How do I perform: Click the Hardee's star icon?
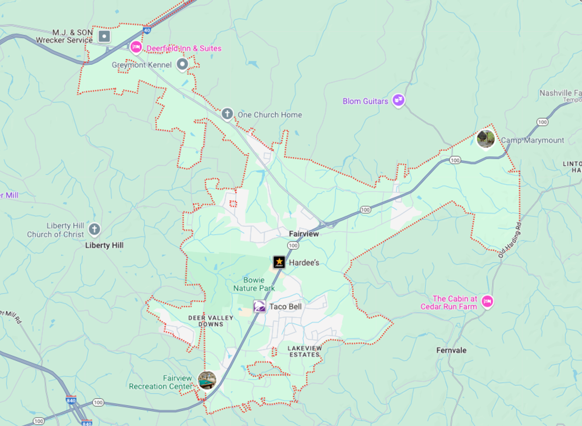(x=279, y=262)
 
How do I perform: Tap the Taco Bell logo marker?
(x=259, y=307)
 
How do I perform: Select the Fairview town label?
(x=304, y=234)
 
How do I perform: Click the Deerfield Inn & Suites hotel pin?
(x=136, y=47)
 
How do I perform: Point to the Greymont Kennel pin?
(x=182, y=64)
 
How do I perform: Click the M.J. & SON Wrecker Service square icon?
(x=104, y=36)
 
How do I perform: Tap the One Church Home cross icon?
(x=227, y=114)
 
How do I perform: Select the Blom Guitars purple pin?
(x=398, y=100)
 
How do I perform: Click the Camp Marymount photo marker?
(x=486, y=139)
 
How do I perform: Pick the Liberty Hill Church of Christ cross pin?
(x=94, y=229)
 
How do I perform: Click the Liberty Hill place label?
(x=104, y=245)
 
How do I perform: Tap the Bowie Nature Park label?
(x=254, y=284)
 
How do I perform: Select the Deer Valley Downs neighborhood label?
(x=211, y=321)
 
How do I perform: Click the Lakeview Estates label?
(x=305, y=351)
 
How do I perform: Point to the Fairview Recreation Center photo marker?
(x=207, y=381)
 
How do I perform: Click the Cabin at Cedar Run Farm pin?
(x=487, y=301)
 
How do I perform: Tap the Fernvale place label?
(x=451, y=351)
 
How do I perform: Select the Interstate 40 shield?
(x=147, y=30)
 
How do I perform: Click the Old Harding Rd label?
(x=510, y=240)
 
